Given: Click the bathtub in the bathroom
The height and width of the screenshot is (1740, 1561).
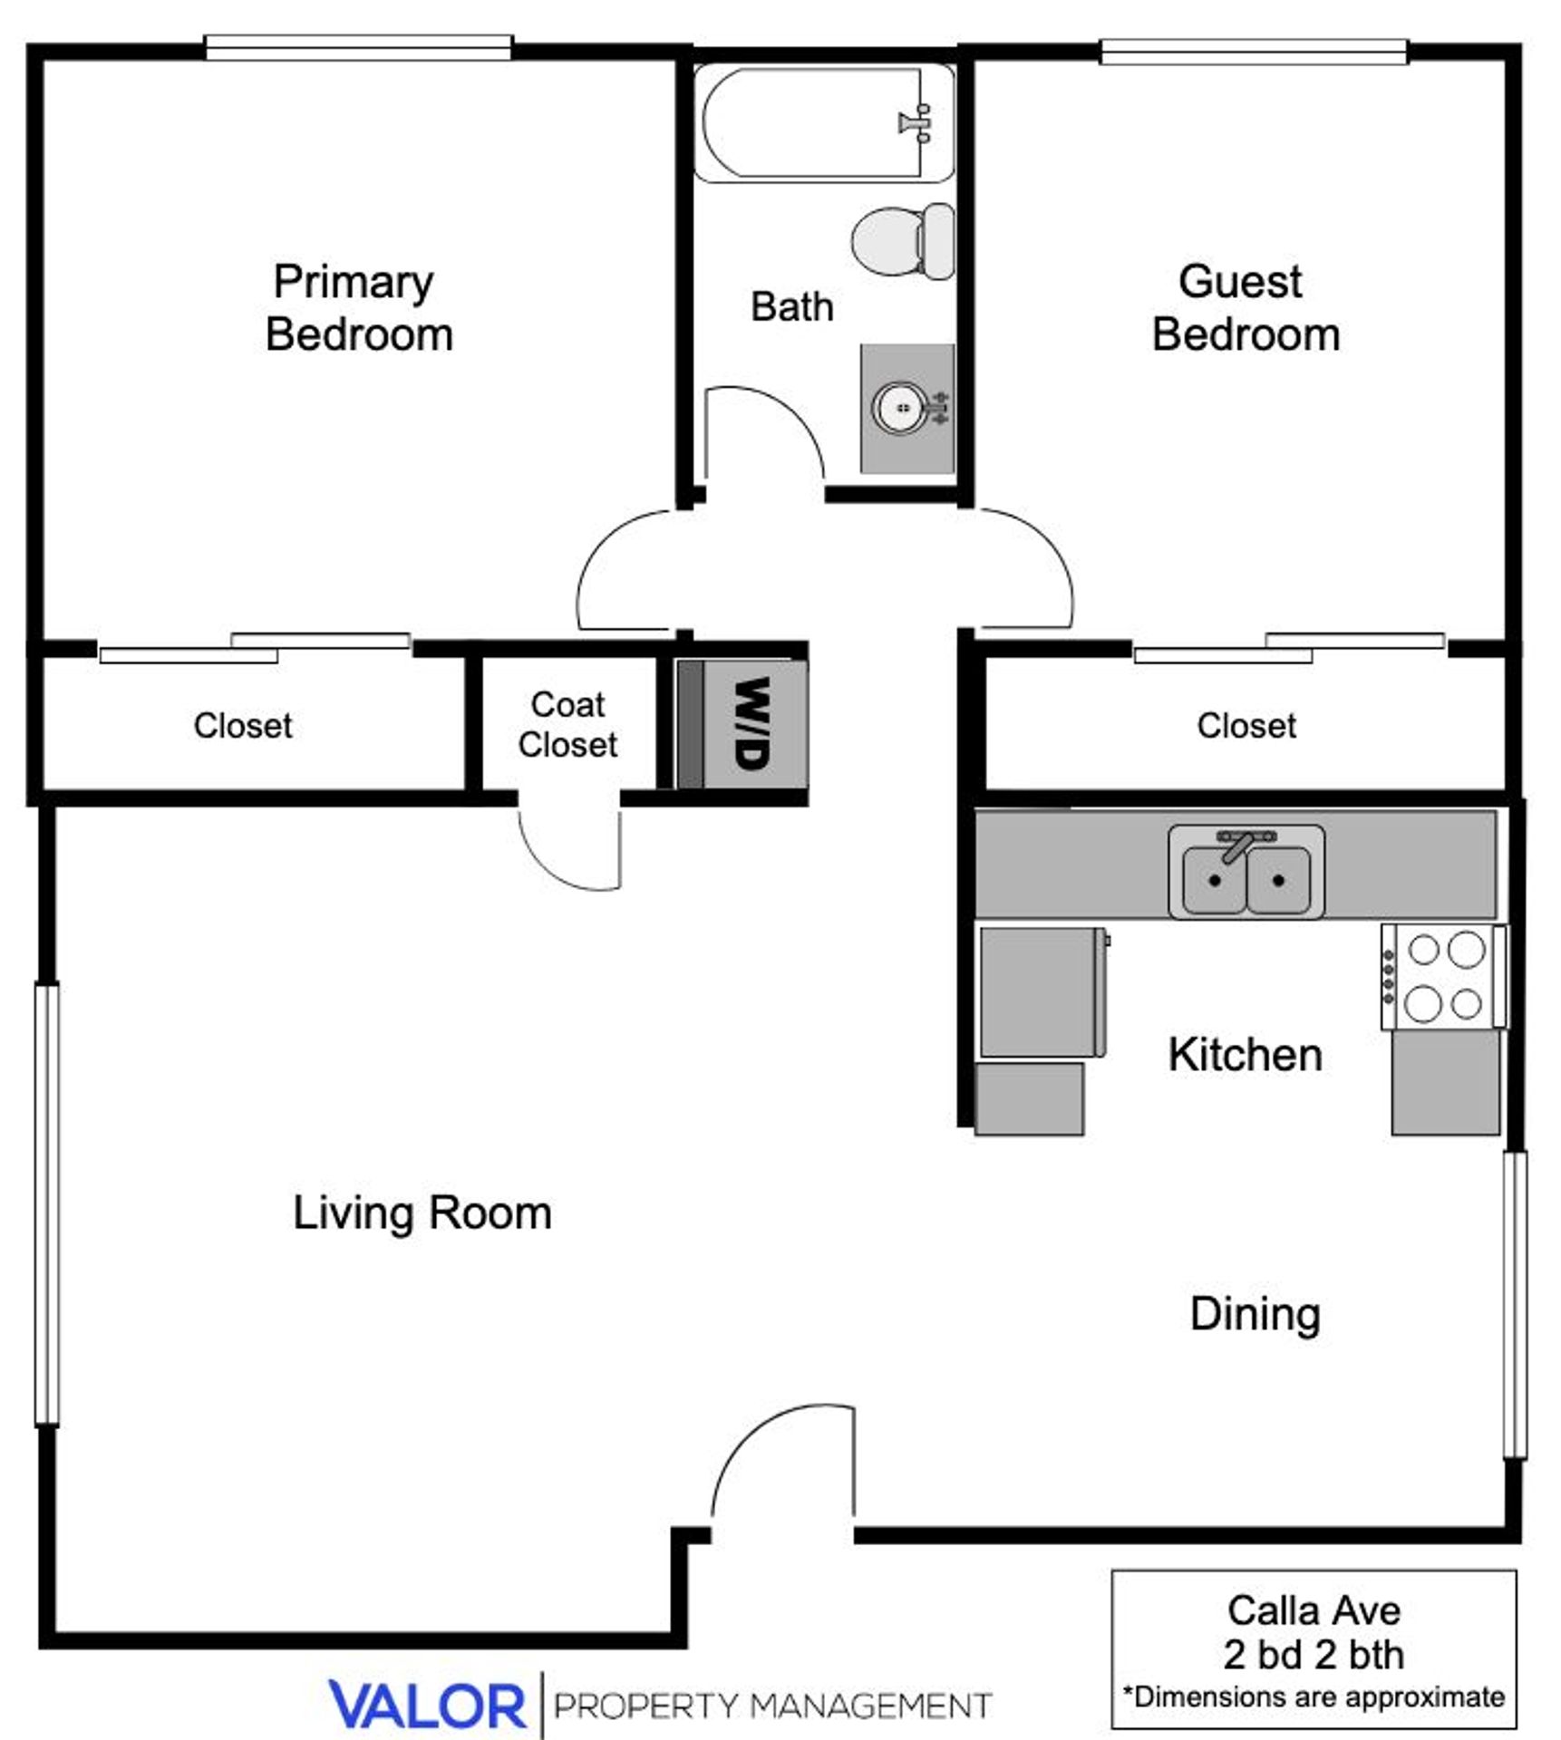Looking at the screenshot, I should pyautogui.click(x=820, y=122).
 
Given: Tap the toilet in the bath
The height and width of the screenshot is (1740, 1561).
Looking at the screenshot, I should pyautogui.click(x=902, y=242).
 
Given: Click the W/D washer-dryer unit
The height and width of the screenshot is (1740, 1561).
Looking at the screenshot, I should pyautogui.click(x=742, y=723).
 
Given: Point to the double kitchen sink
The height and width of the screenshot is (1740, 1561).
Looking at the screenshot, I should pyautogui.click(x=1246, y=873).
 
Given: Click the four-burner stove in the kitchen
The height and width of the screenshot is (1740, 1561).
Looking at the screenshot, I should pyautogui.click(x=1442, y=977).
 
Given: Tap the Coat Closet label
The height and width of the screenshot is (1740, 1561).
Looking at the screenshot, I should pyautogui.click(x=567, y=724).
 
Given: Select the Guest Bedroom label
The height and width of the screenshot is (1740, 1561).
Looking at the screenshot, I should pyautogui.click(x=1245, y=308).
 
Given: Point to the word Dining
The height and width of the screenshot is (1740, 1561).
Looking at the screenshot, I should pyautogui.click(x=1254, y=1313).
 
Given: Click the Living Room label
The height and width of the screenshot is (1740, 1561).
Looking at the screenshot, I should pyautogui.click(x=422, y=1213).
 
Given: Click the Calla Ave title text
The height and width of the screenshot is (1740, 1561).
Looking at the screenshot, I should pyautogui.click(x=1313, y=1610).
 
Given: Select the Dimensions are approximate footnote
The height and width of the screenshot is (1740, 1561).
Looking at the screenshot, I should pyautogui.click(x=1313, y=1696).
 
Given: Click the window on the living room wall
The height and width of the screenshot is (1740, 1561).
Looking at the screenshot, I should pyautogui.click(x=47, y=1205).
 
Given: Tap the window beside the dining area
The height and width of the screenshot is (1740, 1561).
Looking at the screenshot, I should pyautogui.click(x=1514, y=1305).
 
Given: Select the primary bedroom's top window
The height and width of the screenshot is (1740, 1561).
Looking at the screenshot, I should pyautogui.click(x=358, y=47).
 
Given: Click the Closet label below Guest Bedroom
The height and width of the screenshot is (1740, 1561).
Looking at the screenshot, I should pyautogui.click(x=1246, y=725).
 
